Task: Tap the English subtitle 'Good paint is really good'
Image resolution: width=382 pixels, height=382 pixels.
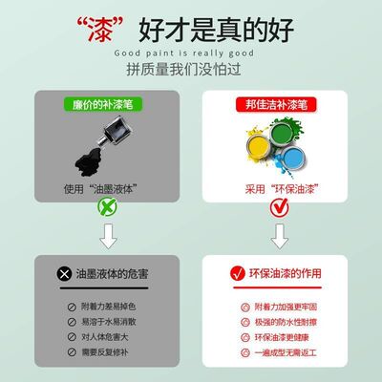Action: (x=191, y=53)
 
